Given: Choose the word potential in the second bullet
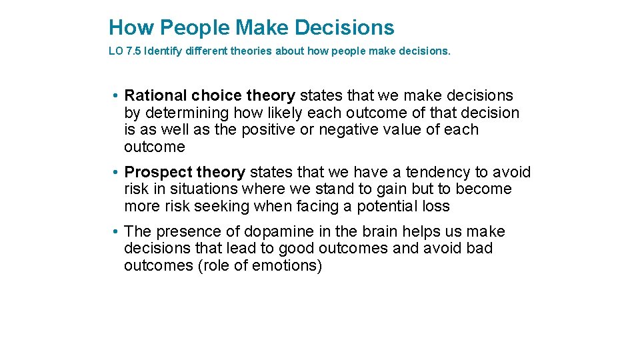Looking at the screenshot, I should pos(387,206).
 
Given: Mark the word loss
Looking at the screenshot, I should pos(436,206).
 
